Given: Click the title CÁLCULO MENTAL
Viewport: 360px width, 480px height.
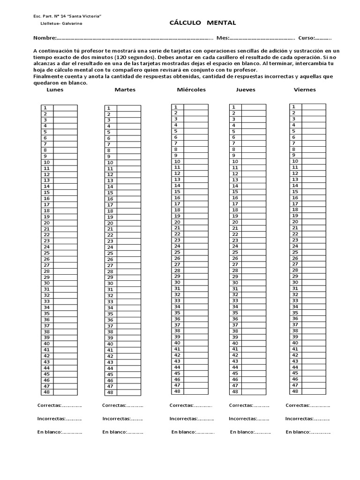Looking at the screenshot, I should tap(202, 23).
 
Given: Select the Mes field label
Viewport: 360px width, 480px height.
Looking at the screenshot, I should tap(222, 38).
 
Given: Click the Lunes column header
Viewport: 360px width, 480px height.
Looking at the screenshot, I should tap(55, 90).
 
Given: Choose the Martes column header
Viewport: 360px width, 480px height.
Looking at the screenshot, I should tap(125, 90).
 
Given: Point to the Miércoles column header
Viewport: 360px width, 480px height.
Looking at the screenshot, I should tap(191, 90).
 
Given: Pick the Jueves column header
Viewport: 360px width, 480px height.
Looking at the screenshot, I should tap(246, 90).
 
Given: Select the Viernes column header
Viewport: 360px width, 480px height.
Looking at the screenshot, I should tap(305, 90).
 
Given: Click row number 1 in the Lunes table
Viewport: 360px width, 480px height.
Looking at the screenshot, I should tap(46, 108).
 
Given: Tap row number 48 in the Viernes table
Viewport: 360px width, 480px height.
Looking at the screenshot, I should tap(295, 391).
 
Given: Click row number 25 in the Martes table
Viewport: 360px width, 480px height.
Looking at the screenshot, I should tap(110, 253).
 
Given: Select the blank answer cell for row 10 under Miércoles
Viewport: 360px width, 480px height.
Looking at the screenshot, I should tap(195, 161).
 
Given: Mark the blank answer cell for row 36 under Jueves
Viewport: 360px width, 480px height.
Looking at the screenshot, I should tap(254, 319).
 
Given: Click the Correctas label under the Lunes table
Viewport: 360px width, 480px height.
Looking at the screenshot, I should tap(49, 405).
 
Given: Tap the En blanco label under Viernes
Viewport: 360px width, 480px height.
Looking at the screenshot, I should tap(297, 432).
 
